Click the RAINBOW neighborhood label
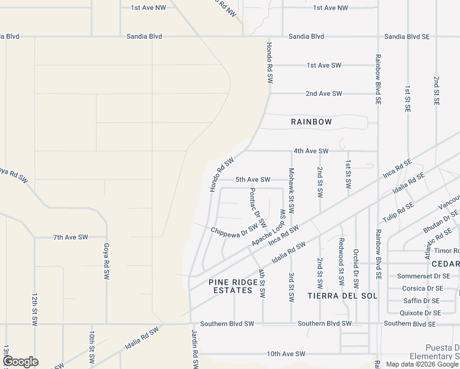tap(311, 122)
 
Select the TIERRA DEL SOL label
tap(336, 296)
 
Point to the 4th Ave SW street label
tap(311, 151)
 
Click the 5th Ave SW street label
tap(253, 180)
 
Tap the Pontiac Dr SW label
tap(258, 207)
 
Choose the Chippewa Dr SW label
tap(233, 230)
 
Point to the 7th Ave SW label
tap(71, 237)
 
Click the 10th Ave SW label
tap(286, 354)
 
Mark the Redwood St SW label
tap(340, 260)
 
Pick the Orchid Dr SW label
tap(356, 269)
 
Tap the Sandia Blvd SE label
tap(406, 37)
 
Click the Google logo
tap(20, 361)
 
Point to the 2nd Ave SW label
tap(323, 93)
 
